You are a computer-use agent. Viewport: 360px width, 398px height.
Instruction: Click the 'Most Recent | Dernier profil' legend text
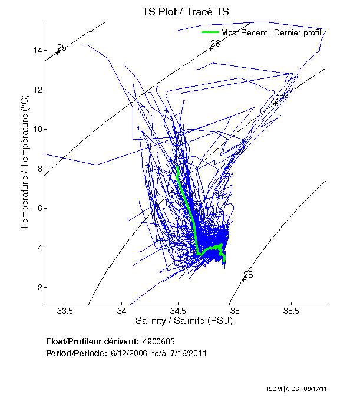(x=271, y=32)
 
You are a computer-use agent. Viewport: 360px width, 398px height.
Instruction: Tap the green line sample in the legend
(x=210, y=32)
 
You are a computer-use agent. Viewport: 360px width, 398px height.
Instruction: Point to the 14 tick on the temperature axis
(x=38, y=50)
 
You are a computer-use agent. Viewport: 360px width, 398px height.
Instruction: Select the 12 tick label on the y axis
(x=38, y=90)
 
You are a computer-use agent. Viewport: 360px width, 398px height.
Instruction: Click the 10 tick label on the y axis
(x=38, y=129)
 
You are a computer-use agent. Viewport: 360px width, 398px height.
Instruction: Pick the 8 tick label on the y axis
(x=39, y=169)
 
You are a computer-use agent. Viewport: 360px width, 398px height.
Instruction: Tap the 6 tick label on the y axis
(x=39, y=208)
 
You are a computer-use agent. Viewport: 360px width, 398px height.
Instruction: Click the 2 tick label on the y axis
(x=39, y=287)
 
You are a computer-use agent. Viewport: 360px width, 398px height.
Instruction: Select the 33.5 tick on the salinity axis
(x=65, y=311)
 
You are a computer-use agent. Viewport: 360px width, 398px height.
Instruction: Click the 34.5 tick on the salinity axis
(x=178, y=311)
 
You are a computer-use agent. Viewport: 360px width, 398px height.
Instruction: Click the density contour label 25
(x=62, y=48)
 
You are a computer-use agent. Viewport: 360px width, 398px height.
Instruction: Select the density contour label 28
(x=248, y=275)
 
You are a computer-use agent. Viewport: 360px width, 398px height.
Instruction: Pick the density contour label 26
(x=215, y=44)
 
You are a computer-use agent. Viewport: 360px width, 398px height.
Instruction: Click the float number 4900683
(x=158, y=341)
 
